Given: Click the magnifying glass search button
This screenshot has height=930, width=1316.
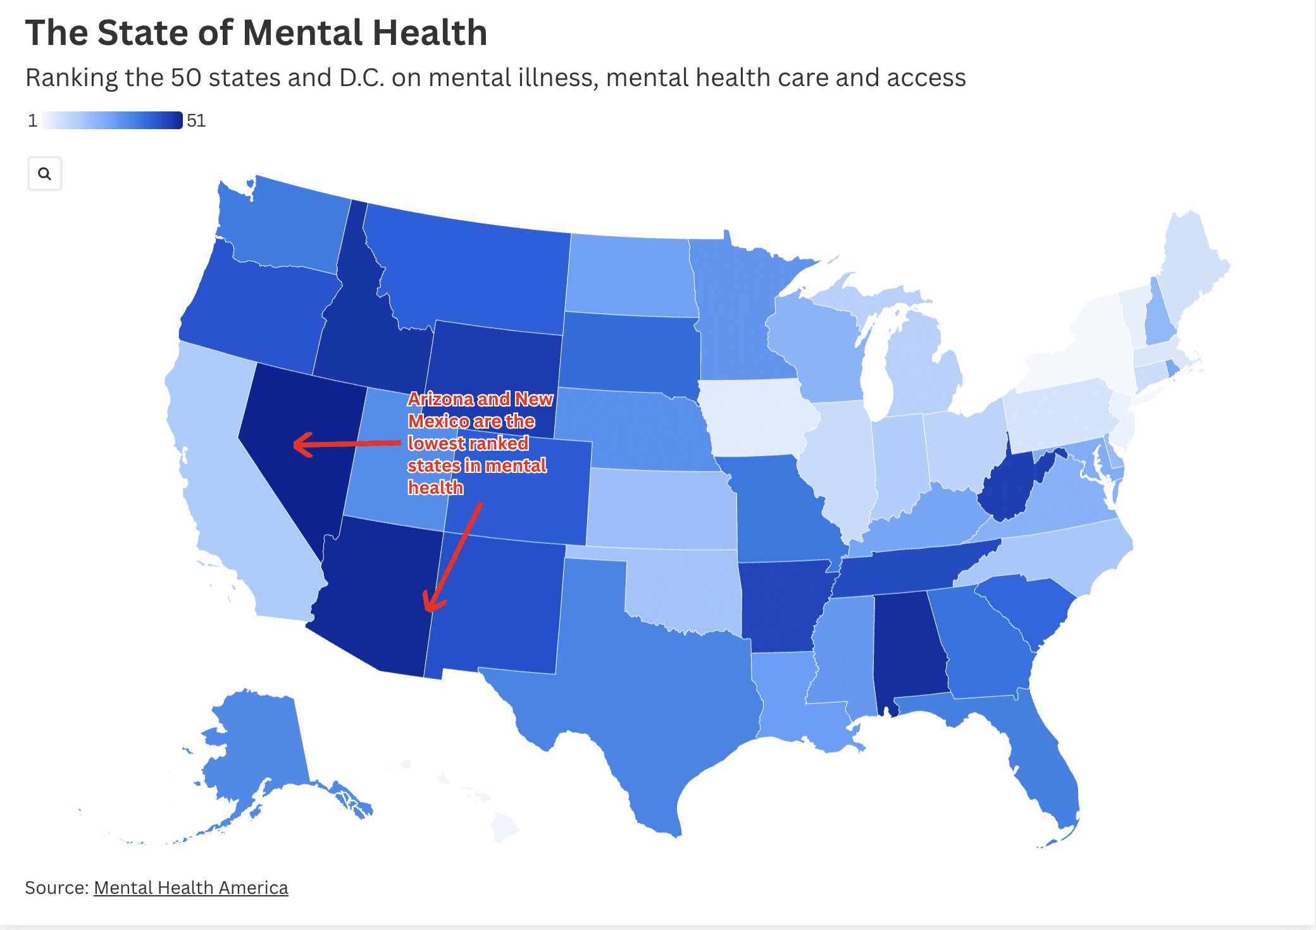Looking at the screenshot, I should coord(44,173).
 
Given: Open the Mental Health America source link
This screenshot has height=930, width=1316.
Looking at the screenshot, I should coord(190,888).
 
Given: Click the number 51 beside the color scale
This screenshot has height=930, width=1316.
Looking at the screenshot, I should coord(196,120).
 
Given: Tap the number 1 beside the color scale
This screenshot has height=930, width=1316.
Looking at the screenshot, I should coord(32,120).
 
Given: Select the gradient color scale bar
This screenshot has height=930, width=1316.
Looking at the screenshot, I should coord(112,120).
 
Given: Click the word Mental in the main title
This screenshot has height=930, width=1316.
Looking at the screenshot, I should coord(301,33).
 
